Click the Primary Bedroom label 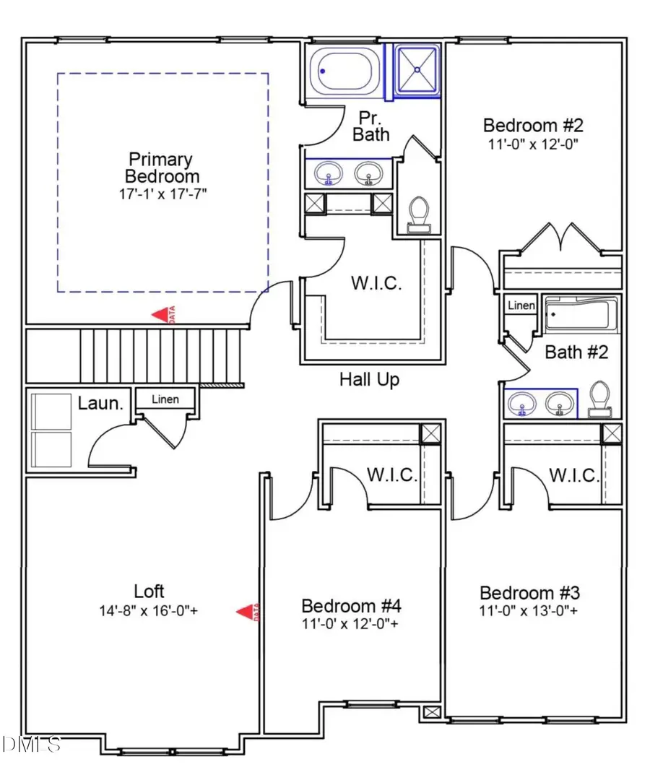[160, 168]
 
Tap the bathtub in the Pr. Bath [344, 71]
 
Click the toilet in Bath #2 [599, 401]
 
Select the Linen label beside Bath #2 [521, 305]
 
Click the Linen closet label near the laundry [166, 399]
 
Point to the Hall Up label [369, 379]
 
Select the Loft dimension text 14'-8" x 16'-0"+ [149, 610]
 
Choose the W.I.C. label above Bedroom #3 [573, 476]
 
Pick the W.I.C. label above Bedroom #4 [391, 476]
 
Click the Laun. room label [100, 403]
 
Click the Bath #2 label [576, 352]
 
